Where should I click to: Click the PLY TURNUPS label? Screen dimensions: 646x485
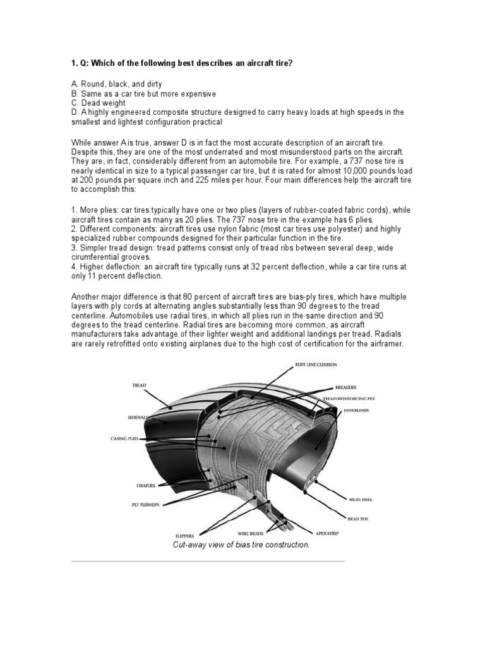[x=146, y=504]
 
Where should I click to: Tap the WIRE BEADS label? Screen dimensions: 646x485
[x=249, y=532]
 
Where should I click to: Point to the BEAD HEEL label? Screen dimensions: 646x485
[x=361, y=499]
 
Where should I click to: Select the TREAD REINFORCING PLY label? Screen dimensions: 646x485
[x=348, y=399]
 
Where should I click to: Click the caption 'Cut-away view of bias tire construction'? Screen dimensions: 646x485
[x=241, y=544]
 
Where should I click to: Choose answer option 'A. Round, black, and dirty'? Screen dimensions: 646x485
[x=116, y=84]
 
